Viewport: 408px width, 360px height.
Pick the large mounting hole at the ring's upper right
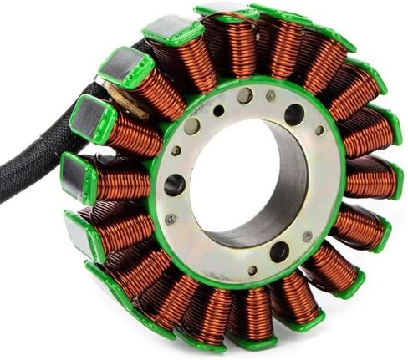294,114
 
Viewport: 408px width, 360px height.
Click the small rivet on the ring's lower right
311,236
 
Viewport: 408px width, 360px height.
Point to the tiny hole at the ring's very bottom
252,270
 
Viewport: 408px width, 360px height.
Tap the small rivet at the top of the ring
272,95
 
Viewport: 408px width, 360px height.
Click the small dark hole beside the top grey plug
219,109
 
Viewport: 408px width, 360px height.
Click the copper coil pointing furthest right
368,180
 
